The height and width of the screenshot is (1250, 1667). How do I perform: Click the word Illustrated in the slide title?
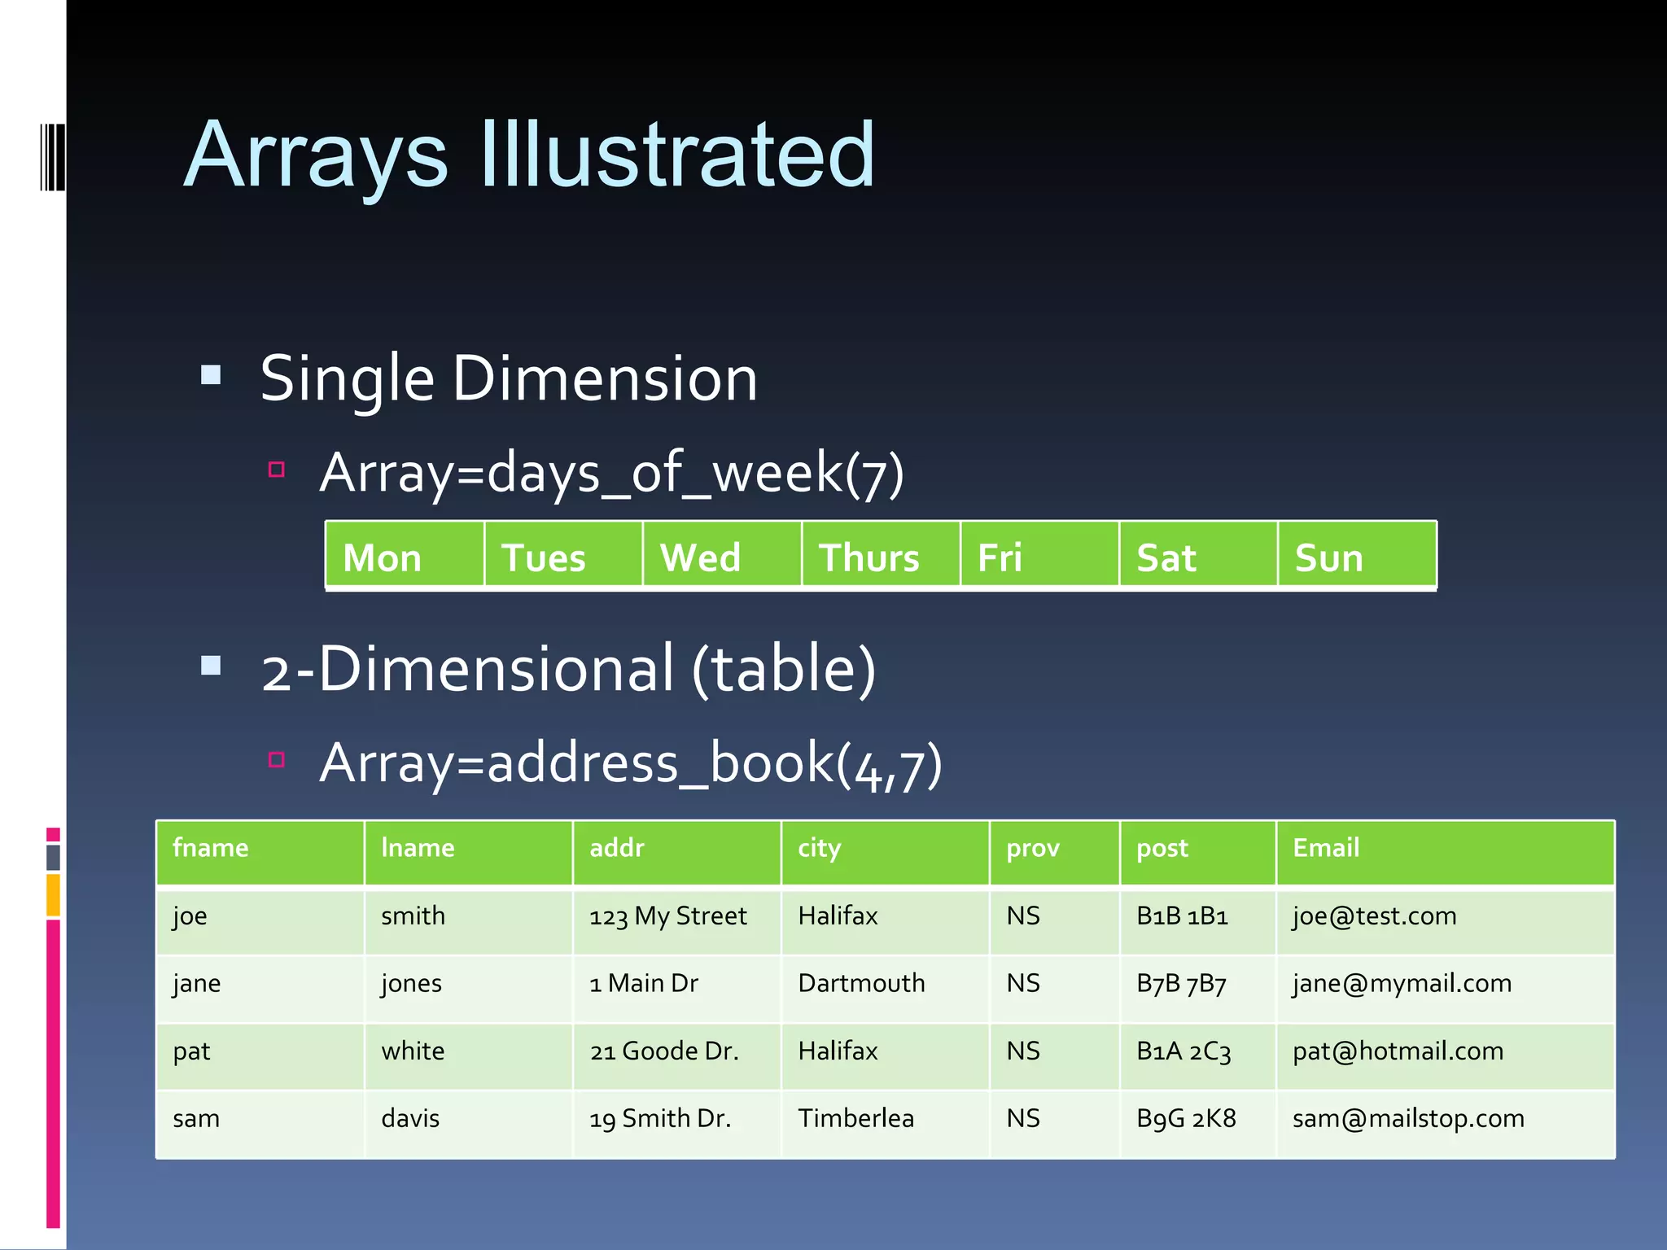(x=677, y=155)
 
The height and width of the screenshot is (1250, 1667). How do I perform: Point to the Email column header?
(x=1326, y=848)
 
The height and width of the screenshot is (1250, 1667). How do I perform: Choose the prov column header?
(x=1033, y=848)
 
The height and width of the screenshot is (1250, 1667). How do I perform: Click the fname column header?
(x=211, y=848)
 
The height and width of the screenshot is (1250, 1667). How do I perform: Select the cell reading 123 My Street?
(x=667, y=916)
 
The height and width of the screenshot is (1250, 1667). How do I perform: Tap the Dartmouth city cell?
(x=861, y=984)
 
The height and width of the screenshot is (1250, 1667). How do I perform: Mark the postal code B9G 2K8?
(x=1186, y=1119)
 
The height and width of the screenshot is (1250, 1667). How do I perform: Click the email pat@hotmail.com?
(x=1398, y=1051)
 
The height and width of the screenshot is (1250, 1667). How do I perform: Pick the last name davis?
(x=410, y=1119)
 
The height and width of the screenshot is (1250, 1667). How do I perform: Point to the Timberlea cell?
(x=855, y=1119)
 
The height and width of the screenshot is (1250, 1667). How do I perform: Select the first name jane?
(x=197, y=984)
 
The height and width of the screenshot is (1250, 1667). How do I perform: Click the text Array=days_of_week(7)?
(x=611, y=473)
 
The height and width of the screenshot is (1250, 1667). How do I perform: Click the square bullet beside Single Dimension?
(x=212, y=375)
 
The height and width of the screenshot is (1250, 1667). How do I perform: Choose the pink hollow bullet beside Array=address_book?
(x=277, y=760)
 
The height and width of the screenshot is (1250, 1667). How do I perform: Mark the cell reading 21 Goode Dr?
(x=664, y=1051)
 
